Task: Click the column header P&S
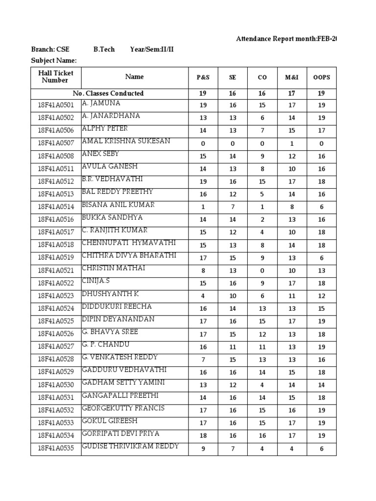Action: click(x=203, y=77)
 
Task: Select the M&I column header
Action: click(x=292, y=77)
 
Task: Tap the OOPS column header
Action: click(x=322, y=77)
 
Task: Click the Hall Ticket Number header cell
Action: click(x=56, y=77)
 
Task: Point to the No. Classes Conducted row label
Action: click(x=108, y=93)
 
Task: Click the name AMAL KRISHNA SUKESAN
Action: click(x=126, y=141)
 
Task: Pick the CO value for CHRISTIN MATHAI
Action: click(x=262, y=271)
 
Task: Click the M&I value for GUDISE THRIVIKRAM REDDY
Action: click(x=292, y=449)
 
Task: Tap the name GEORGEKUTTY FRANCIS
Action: click(x=123, y=409)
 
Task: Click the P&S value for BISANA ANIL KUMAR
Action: click(x=203, y=207)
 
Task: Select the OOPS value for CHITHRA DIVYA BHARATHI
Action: click(x=322, y=258)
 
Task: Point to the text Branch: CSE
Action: click(x=50, y=49)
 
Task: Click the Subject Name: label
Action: click(x=54, y=61)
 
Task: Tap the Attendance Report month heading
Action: click(x=286, y=39)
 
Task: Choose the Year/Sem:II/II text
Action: click(x=152, y=49)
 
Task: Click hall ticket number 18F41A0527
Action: click(x=56, y=347)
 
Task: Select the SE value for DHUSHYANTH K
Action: click(x=233, y=296)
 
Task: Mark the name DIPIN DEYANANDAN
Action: click(x=118, y=319)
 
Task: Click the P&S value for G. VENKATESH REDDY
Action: click(x=203, y=360)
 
